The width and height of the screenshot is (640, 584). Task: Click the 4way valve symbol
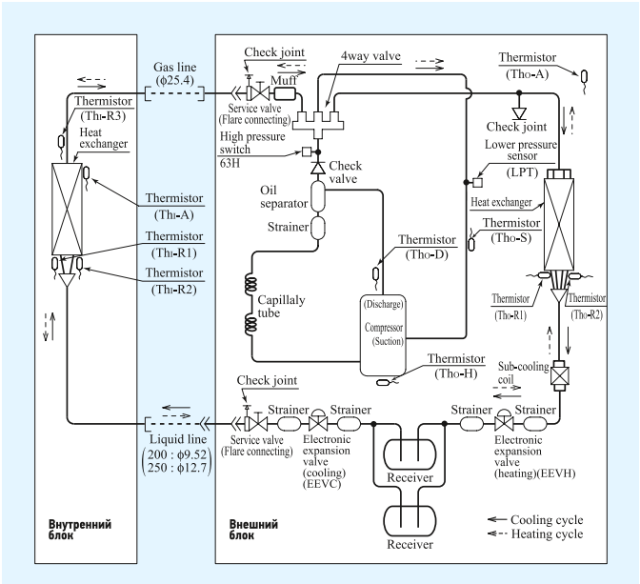click(x=319, y=122)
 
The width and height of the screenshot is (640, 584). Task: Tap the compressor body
click(x=383, y=335)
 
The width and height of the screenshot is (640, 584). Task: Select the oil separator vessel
click(x=318, y=197)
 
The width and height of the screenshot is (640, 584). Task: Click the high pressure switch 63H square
click(x=307, y=151)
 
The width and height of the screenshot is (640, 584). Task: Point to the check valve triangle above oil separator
click(x=317, y=168)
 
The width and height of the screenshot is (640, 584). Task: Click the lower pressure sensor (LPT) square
click(x=477, y=182)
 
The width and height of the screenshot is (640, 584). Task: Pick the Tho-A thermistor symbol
click(x=585, y=78)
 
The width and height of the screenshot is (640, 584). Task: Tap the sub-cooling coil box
click(x=559, y=375)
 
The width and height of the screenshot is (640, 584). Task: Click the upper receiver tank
click(x=410, y=453)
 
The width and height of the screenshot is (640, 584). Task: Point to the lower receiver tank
click(x=410, y=521)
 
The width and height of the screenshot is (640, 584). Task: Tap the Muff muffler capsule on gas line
click(x=284, y=94)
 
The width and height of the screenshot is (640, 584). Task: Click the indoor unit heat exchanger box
click(x=67, y=209)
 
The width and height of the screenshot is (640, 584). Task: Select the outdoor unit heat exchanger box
click(x=559, y=224)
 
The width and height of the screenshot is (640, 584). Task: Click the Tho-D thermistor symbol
click(x=376, y=273)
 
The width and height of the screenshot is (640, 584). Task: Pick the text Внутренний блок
click(x=80, y=530)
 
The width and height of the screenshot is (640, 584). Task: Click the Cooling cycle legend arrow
click(x=497, y=519)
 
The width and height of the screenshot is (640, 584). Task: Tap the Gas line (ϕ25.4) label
click(x=175, y=73)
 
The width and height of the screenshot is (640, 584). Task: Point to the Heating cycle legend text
click(x=547, y=534)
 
